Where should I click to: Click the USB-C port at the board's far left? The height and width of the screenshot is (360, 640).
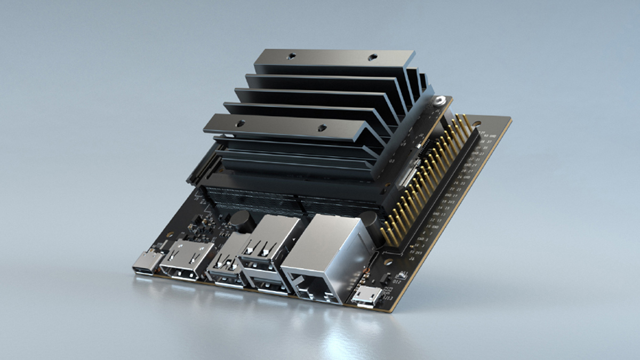148,262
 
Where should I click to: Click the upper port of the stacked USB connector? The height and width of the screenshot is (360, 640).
259,251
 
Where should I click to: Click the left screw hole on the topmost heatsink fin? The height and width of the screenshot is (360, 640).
292,55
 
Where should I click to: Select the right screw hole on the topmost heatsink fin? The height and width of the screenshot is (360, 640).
372,57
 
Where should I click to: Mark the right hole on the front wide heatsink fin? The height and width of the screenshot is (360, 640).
322,127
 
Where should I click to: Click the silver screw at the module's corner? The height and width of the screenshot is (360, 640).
439,100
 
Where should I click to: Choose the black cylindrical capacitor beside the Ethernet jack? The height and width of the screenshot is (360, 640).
369,220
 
